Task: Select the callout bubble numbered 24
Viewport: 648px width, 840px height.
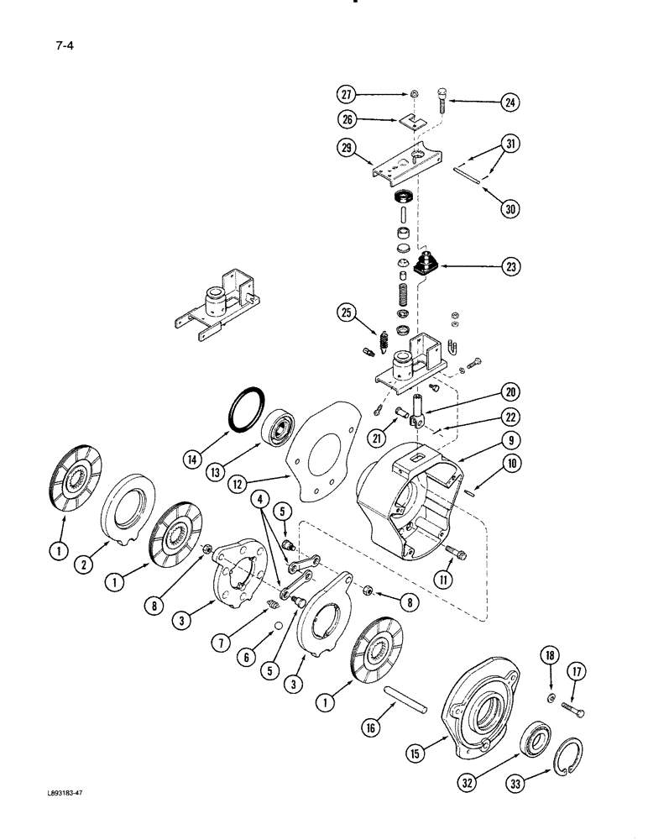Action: [x=509, y=103]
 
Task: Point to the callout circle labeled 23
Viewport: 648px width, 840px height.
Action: [x=509, y=267]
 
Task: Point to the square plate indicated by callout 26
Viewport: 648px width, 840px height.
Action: [x=411, y=120]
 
